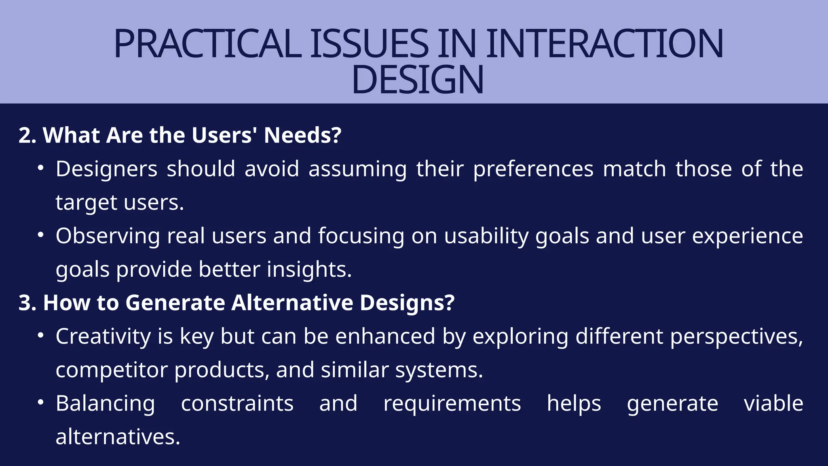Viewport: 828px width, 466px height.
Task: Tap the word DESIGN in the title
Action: [x=417, y=80]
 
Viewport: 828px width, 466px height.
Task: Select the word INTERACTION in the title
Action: [x=604, y=44]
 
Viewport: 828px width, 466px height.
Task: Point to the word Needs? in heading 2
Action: [x=302, y=135]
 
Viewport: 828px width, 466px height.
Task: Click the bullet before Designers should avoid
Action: [x=40, y=168]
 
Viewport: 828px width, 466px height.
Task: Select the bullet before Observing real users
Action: [x=40, y=235]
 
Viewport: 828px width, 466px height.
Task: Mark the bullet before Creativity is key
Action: [x=40, y=335]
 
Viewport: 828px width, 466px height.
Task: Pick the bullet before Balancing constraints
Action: [x=40, y=402]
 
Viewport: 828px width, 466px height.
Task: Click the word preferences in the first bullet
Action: [x=533, y=169]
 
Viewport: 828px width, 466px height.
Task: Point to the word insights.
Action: [x=309, y=270]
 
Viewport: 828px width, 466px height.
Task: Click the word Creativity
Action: [x=103, y=337]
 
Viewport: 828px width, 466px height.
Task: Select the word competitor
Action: [x=111, y=370]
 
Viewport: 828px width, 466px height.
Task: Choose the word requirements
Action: [x=452, y=404]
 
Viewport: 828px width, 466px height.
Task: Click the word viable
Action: [x=773, y=404]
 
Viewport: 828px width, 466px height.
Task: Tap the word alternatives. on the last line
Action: [x=118, y=437]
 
